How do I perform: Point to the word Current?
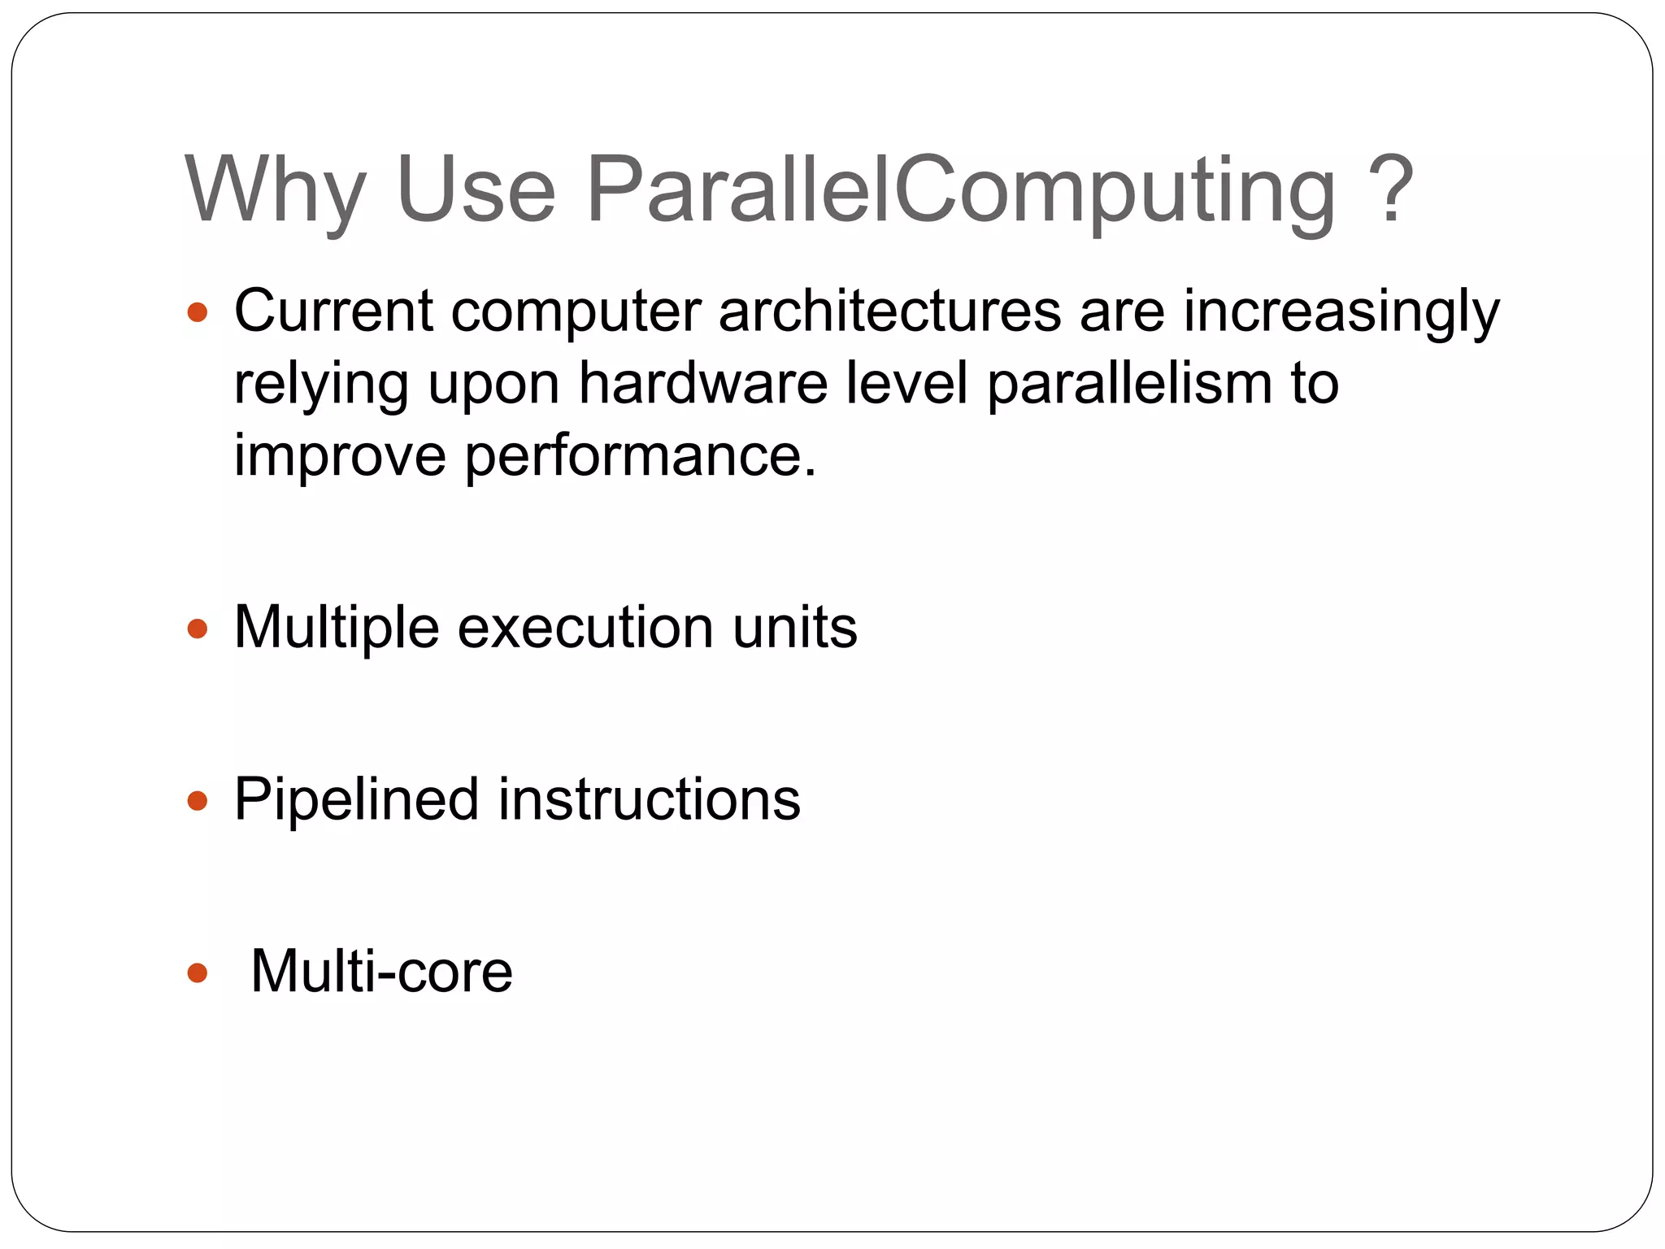333,311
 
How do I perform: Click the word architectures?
889,311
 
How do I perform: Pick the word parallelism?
1129,385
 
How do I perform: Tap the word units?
794,629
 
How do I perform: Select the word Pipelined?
356,801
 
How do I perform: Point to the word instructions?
649,800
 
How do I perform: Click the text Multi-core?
381,972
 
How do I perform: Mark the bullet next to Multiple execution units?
198,629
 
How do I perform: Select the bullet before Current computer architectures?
198,312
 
